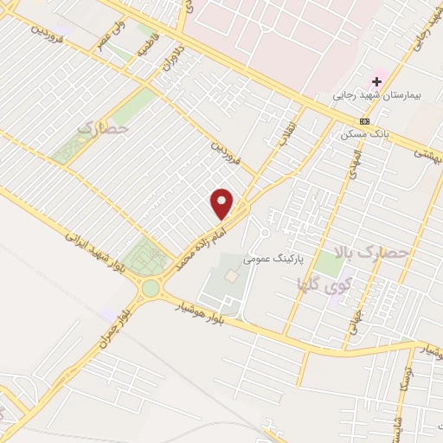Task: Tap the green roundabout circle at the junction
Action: pyautogui.click(x=152, y=287)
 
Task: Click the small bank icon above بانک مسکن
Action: pyautogui.click(x=364, y=121)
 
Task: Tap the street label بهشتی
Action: pyautogui.click(x=427, y=154)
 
